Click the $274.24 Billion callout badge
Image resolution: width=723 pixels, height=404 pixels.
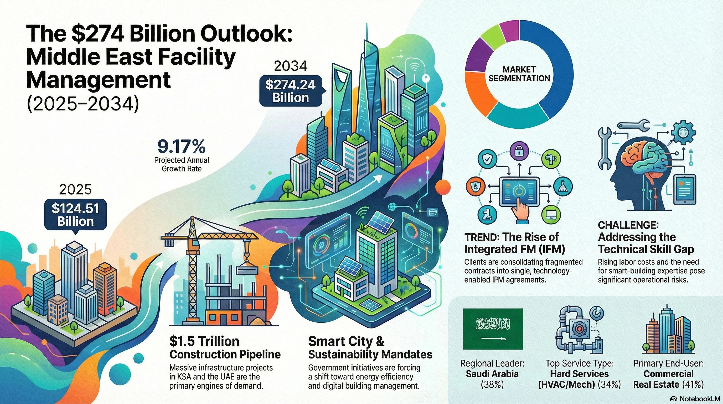[290, 91]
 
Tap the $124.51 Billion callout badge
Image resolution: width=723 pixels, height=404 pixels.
[75, 215]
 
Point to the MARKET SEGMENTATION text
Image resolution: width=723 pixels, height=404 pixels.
[519, 74]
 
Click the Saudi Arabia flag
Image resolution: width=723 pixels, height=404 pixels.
[493, 329]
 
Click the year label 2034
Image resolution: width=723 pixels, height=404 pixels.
[291, 66]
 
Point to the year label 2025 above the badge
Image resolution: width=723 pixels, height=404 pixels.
[75, 190]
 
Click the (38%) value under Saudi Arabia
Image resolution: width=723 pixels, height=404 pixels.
[492, 384]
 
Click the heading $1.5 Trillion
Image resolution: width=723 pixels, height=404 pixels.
[204, 341]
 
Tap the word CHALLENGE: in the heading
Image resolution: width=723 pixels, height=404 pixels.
[628, 225]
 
